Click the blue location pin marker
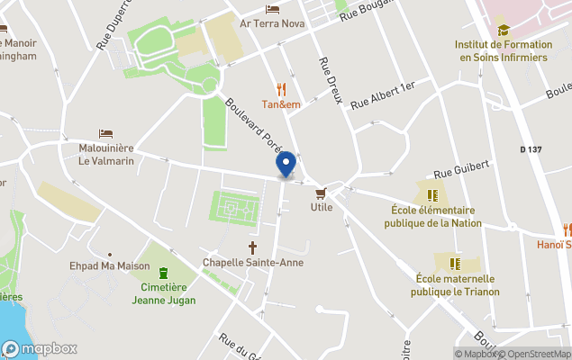(286, 164)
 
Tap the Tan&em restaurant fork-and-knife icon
(281, 88)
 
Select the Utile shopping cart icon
(321, 193)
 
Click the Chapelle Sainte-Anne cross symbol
(253, 247)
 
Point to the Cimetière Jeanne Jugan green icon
(163, 274)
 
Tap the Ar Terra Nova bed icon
(272, 9)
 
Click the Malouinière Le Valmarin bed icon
(105, 133)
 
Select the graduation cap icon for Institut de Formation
(503, 30)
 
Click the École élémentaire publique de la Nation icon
(432, 194)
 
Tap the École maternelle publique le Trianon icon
(455, 263)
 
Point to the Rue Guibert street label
(461, 167)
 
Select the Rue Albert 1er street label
(382, 94)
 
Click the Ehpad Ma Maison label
(109, 265)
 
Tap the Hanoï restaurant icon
(567, 229)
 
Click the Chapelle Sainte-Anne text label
(252, 263)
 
